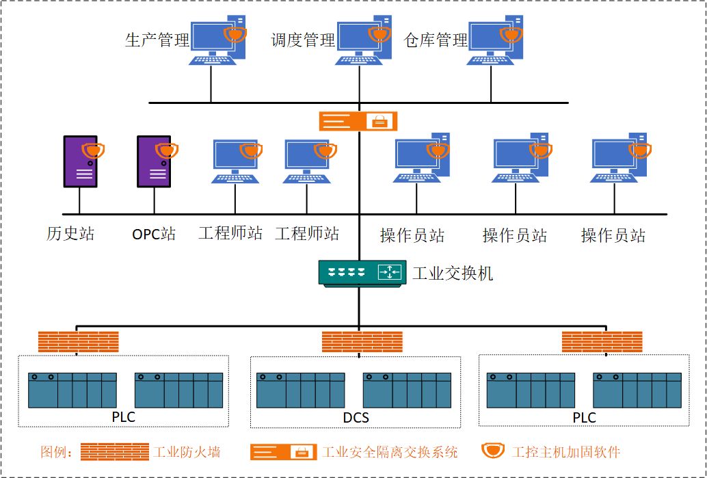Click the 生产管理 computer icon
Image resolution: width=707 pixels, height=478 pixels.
coord(218,40)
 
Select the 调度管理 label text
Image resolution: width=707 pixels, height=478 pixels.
coord(302,40)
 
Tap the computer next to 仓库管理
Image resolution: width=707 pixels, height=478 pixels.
coord(495,40)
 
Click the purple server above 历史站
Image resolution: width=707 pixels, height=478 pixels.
coord(81,161)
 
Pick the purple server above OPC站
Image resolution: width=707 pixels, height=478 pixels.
coord(155,161)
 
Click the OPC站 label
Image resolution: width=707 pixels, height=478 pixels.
coord(154,235)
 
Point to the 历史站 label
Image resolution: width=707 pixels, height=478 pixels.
coord(70,234)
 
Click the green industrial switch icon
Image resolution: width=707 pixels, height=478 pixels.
coord(360,272)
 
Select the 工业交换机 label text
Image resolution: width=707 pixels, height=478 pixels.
coord(453,274)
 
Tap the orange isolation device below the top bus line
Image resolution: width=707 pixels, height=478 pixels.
coord(358,121)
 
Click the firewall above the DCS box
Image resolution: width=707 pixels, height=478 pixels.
coord(362,342)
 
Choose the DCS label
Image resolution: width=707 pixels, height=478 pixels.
coord(356,418)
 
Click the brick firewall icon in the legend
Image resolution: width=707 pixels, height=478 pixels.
coord(114,451)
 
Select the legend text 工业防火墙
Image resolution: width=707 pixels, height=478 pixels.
coord(187,451)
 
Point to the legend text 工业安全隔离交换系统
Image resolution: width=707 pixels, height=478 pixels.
coord(390,451)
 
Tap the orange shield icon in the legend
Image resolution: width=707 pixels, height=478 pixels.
coord(492,450)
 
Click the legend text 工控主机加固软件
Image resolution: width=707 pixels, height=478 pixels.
coord(566,451)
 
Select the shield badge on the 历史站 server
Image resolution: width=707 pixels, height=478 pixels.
coord(93,150)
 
